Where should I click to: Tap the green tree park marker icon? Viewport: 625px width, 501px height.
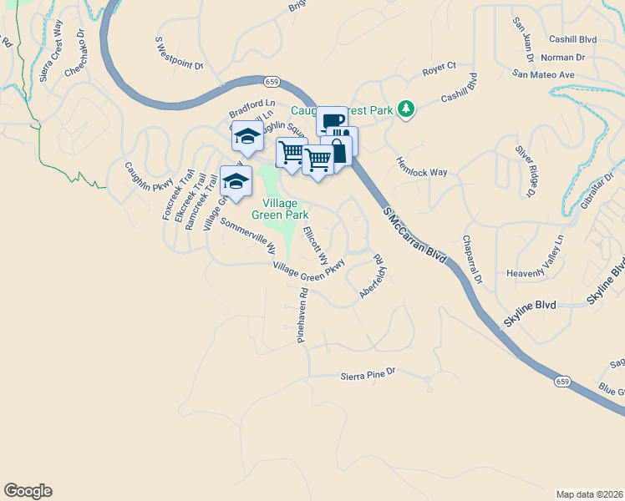coord(406,109)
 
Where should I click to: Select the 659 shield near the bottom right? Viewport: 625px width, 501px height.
coord(563,382)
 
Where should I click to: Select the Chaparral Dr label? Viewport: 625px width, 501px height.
coord(472,259)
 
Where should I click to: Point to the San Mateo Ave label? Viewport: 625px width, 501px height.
coord(544,74)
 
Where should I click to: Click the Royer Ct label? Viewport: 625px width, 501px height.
coord(439,66)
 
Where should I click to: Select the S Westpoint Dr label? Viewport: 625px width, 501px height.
coord(180,53)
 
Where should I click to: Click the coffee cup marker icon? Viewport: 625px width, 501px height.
coord(332,122)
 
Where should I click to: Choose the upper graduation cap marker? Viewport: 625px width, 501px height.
coord(247,135)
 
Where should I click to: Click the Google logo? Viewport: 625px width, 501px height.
coord(28,491)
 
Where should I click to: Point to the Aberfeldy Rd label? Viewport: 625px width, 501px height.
coord(373,278)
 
